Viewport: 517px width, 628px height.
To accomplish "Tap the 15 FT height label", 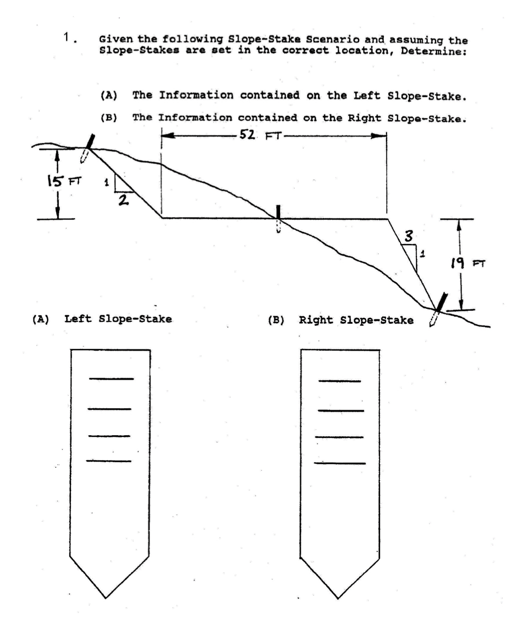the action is pyautogui.click(x=64, y=181).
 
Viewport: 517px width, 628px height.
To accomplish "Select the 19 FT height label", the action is pyautogui.click(x=467, y=263).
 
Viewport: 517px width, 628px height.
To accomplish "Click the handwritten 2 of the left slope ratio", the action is pyautogui.click(x=123, y=200).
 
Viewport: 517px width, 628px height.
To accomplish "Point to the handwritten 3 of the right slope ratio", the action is pyautogui.click(x=409, y=236).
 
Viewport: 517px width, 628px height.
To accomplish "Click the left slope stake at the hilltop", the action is pyautogui.click(x=87, y=148).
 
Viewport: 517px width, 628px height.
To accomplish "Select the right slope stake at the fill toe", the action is pyautogui.click(x=438, y=309).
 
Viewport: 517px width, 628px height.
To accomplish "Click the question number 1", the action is pyautogui.click(x=68, y=37).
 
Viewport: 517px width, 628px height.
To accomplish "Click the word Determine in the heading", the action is pyautogui.click(x=433, y=51).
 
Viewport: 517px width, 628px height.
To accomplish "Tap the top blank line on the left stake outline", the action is pyautogui.click(x=111, y=379).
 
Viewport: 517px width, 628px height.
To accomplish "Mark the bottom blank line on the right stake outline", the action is pyautogui.click(x=339, y=463).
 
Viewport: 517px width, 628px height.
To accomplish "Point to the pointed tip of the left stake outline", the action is pyautogui.click(x=106, y=598).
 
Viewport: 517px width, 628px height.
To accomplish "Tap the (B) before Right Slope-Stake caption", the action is pyautogui.click(x=276, y=320).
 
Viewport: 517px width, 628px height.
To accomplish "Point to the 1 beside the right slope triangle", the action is pyautogui.click(x=422, y=254).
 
